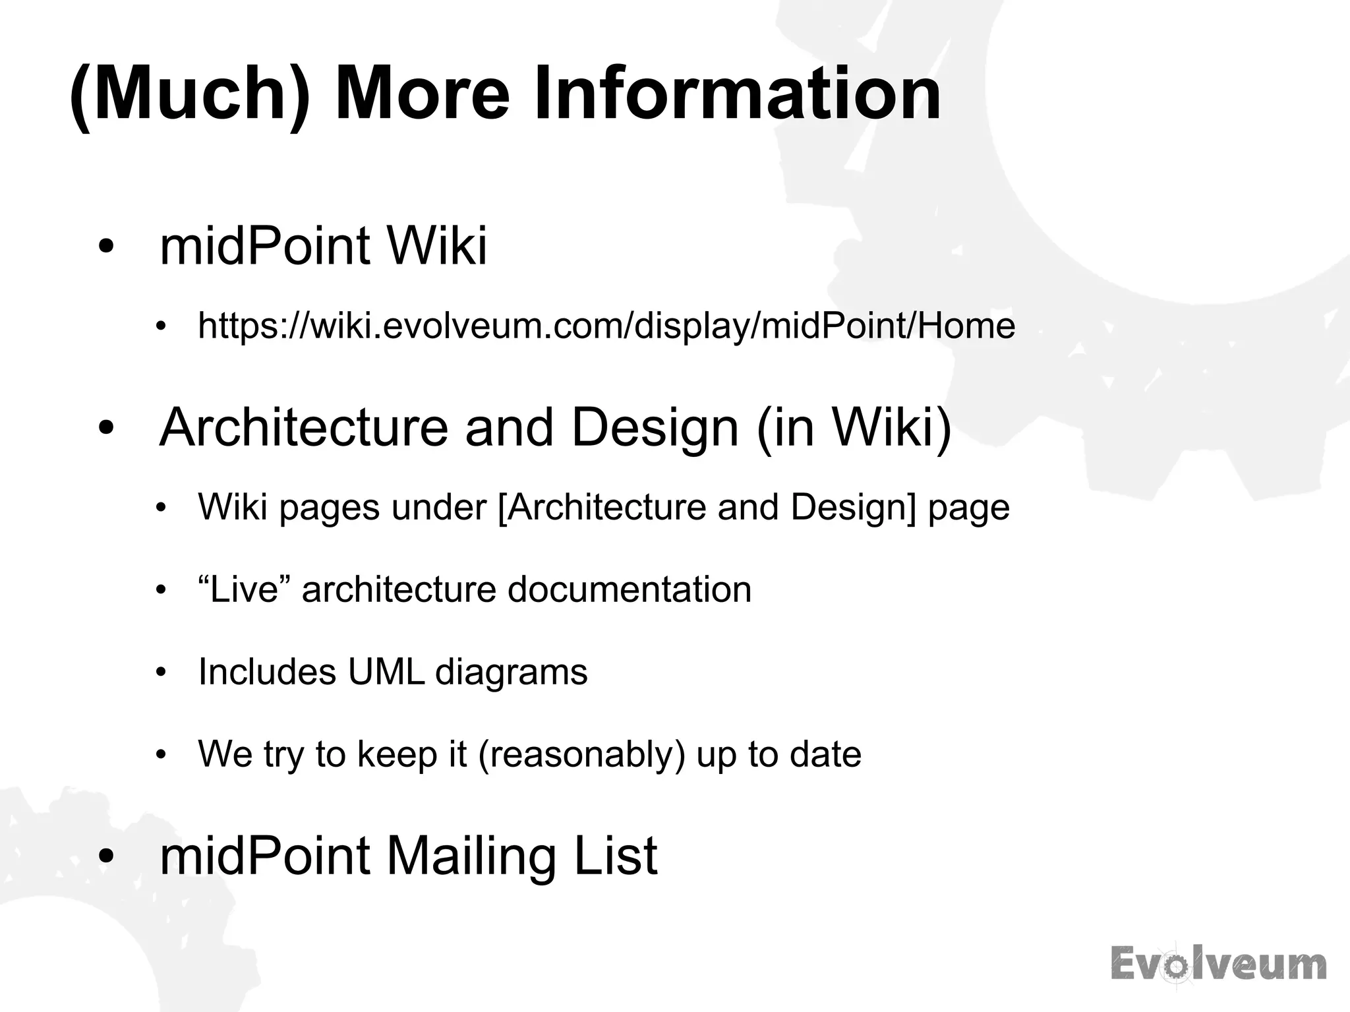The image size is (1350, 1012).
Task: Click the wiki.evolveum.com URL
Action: [x=606, y=326]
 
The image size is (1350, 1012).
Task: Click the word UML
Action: [x=386, y=672]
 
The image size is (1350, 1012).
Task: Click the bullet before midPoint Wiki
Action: [x=106, y=247]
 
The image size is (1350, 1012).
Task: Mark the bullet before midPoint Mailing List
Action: [x=106, y=856]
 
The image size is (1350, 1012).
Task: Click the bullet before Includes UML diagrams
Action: [x=160, y=672]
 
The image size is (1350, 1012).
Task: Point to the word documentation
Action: [x=629, y=589]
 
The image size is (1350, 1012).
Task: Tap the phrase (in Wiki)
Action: [x=854, y=427]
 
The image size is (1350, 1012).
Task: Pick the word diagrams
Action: [x=511, y=672]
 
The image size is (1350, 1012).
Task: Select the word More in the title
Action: [x=422, y=94]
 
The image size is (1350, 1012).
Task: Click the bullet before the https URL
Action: [x=160, y=326]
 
